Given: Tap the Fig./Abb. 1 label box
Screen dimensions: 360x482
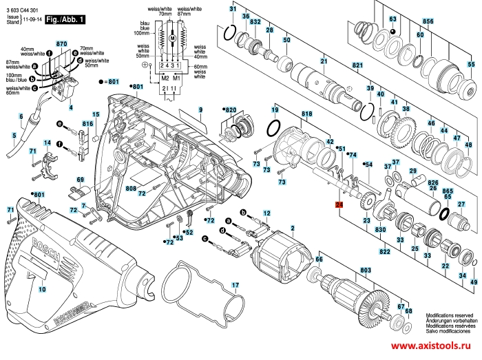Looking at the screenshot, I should coord(65,21).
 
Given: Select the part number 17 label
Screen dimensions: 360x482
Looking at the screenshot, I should coord(235,285).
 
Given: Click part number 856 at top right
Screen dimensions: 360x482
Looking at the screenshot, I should coord(428,22).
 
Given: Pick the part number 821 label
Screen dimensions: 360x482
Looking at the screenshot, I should coord(357,65).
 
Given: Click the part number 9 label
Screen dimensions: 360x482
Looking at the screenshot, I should coord(201,110).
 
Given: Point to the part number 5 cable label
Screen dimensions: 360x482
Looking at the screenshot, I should coord(13,136).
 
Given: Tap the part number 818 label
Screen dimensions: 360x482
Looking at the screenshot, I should coord(306,114).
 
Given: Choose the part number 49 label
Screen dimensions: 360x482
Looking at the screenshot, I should coord(473,283).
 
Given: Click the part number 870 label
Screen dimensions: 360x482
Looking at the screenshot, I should coord(61,43).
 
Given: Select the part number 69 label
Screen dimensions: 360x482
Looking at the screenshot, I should coord(80,180).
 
